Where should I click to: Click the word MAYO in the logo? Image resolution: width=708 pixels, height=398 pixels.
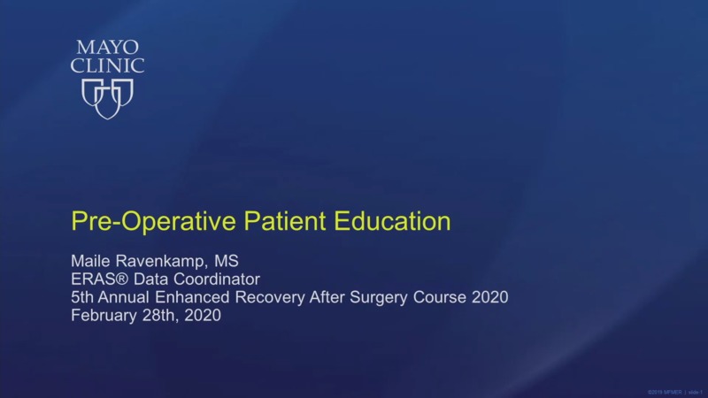pyautogui.click(x=106, y=46)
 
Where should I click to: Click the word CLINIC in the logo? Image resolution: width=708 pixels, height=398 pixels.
pyautogui.click(x=106, y=65)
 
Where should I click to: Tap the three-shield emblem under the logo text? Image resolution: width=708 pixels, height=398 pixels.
pyautogui.click(x=107, y=96)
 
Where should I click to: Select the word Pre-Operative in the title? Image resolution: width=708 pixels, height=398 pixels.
pyautogui.click(x=133, y=221)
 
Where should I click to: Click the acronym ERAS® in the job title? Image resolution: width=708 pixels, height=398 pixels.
pyautogui.click(x=96, y=279)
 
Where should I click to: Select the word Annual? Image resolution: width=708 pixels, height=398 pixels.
pyautogui.click(x=127, y=297)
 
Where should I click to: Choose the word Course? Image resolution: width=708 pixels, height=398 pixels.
pyautogui.click(x=439, y=297)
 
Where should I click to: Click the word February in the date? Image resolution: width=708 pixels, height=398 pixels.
pyautogui.click(x=104, y=315)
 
